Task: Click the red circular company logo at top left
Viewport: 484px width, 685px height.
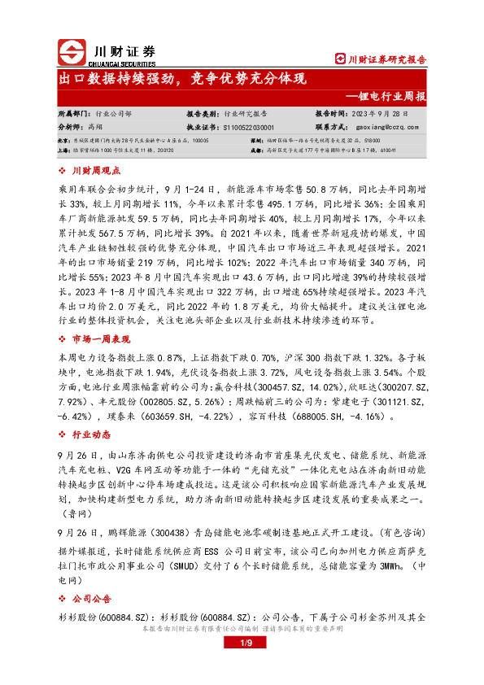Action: (73, 50)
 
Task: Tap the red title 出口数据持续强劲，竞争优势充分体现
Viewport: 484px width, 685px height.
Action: (181, 79)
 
